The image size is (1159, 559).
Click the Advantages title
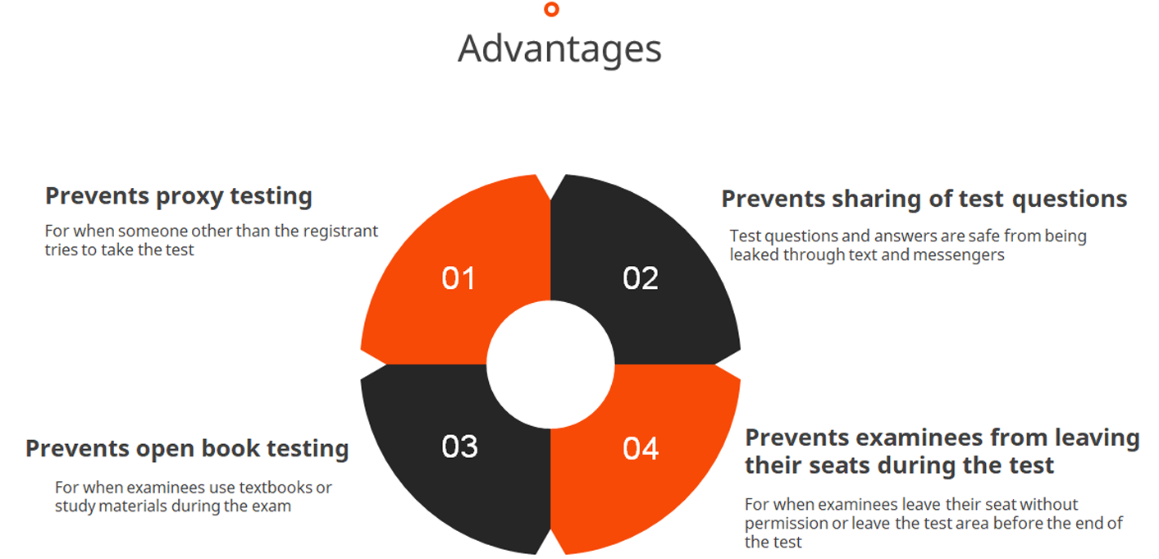pyautogui.click(x=559, y=50)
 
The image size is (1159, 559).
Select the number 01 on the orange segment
pyautogui.click(x=458, y=278)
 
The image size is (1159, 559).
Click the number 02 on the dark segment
pyautogui.click(x=641, y=278)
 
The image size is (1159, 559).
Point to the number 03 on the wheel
pyautogui.click(x=459, y=447)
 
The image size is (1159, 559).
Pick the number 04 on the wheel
pyautogui.click(x=641, y=448)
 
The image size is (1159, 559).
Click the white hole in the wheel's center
pyautogui.click(x=550, y=364)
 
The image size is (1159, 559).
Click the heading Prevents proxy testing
pyautogui.click(x=179, y=197)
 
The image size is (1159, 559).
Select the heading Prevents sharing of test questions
pyautogui.click(x=924, y=199)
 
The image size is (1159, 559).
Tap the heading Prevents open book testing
pyautogui.click(x=187, y=449)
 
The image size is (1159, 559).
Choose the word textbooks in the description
pyautogui.click(x=276, y=488)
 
